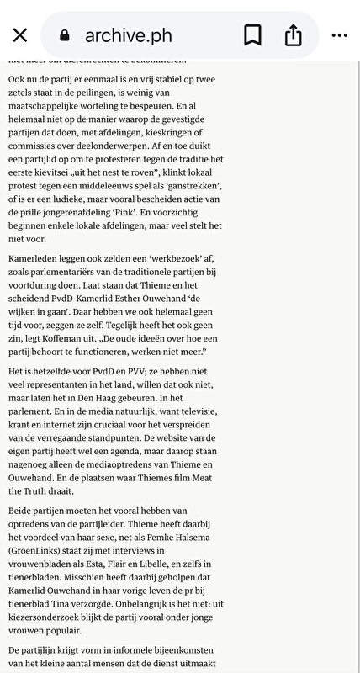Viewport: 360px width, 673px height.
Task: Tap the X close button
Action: pyautogui.click(x=20, y=35)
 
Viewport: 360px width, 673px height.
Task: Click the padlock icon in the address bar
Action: pyautogui.click(x=63, y=36)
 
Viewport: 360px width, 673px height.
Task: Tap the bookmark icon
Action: pyautogui.click(x=252, y=35)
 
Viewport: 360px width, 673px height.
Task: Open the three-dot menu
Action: pyautogui.click(x=339, y=35)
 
